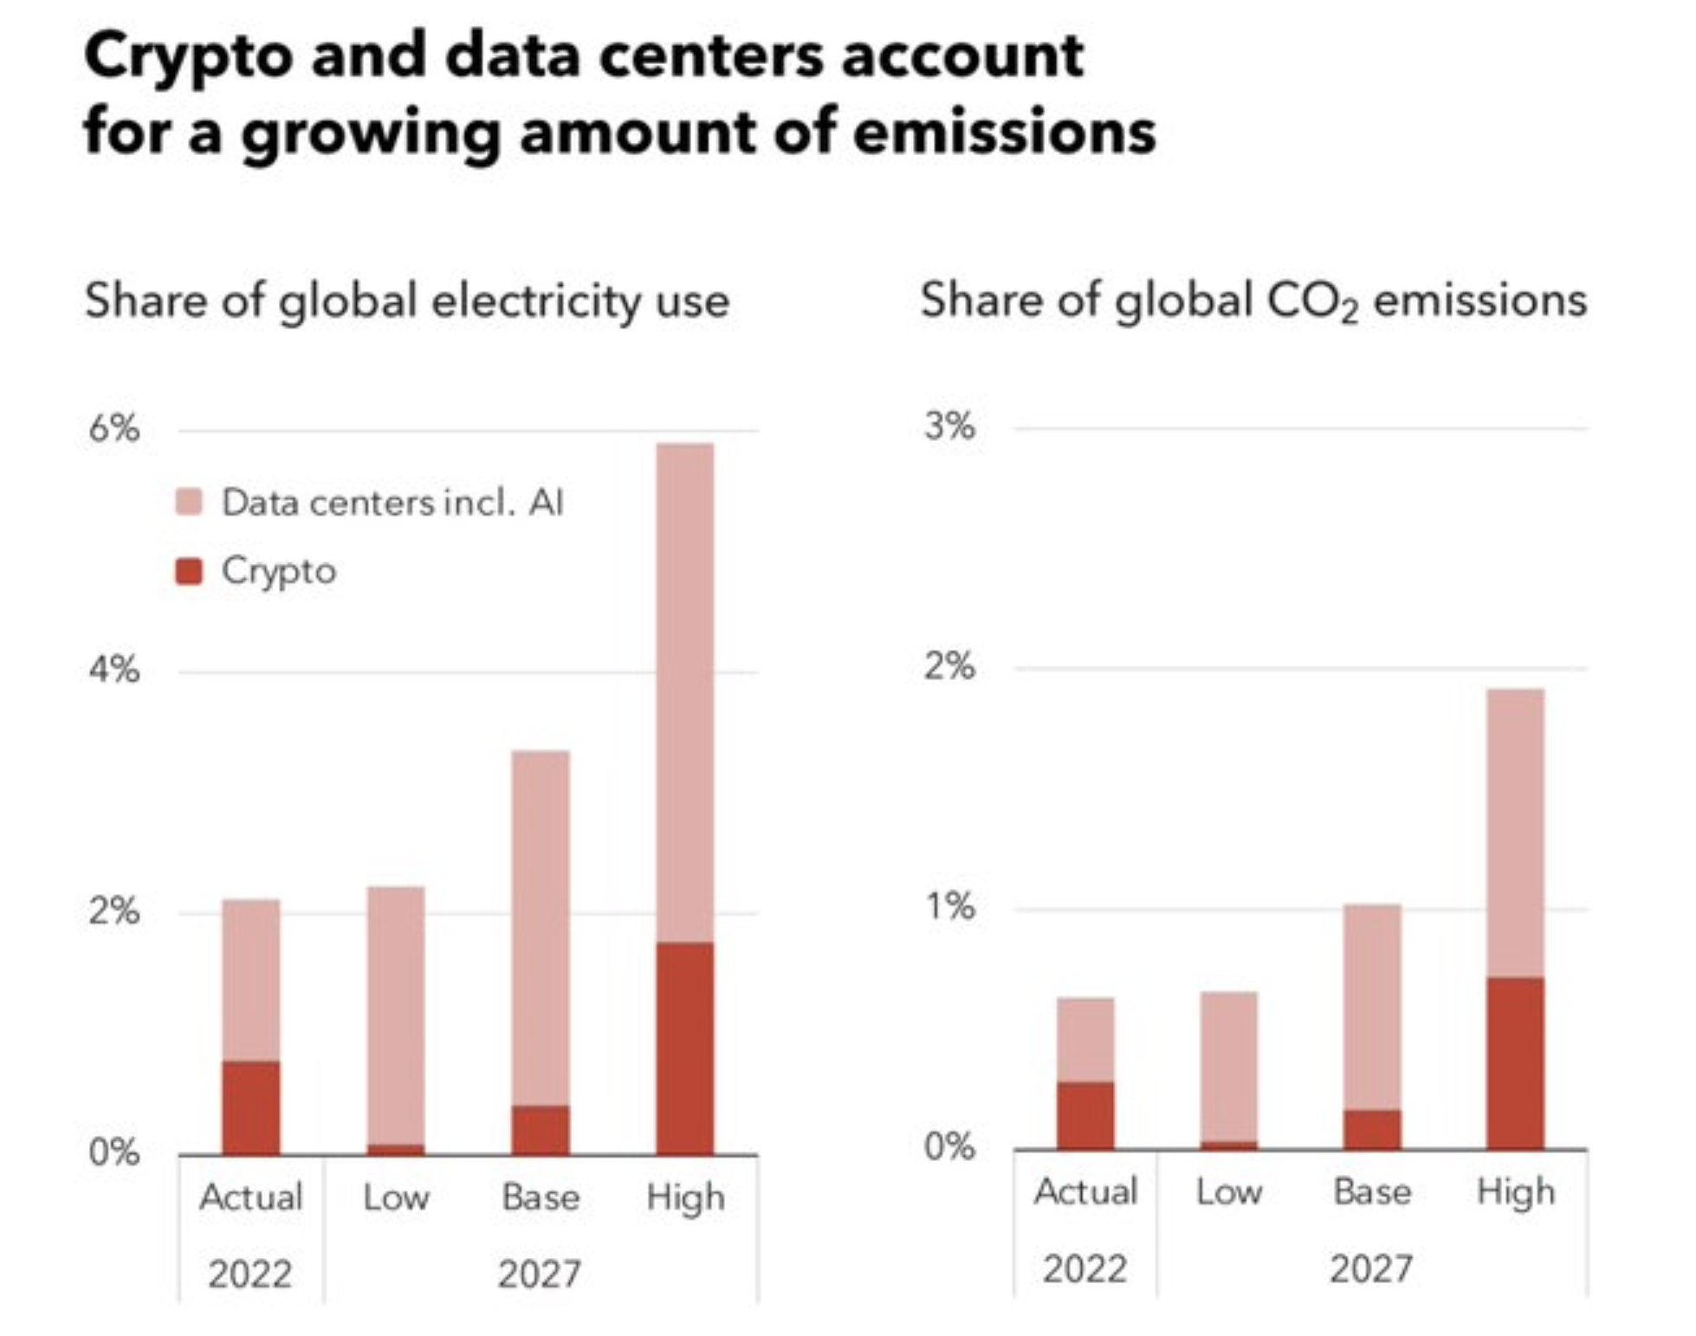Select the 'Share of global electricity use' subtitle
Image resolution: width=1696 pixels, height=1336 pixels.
[407, 302]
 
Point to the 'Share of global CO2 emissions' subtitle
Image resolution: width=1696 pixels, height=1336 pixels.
[1253, 302]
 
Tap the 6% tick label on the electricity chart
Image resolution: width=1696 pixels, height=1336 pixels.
[113, 428]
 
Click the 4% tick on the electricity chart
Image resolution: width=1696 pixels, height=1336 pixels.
[113, 670]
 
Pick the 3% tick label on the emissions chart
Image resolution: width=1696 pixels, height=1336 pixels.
[949, 426]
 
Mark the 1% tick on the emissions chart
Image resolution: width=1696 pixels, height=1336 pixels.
[949, 907]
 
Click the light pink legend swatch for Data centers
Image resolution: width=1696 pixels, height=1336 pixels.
[189, 503]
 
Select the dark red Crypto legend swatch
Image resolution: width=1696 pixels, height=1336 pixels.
[189, 572]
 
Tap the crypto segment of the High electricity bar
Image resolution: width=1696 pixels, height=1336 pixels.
[685, 1048]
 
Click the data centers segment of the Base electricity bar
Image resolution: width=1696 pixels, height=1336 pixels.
[541, 927]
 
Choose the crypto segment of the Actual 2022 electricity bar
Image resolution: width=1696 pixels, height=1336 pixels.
[251, 1107]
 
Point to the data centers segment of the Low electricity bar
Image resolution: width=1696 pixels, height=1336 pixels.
[396, 1014]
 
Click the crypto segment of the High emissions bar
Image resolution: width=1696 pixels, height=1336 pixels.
[1515, 1063]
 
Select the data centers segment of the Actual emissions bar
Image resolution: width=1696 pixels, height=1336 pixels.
[1085, 1040]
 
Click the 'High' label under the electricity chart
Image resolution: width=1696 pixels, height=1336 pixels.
[685, 1198]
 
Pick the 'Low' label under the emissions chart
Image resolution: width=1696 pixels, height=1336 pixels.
[1228, 1193]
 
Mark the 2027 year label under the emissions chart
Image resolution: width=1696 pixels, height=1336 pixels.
[1371, 1269]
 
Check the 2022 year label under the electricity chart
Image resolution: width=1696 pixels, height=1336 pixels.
[250, 1274]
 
